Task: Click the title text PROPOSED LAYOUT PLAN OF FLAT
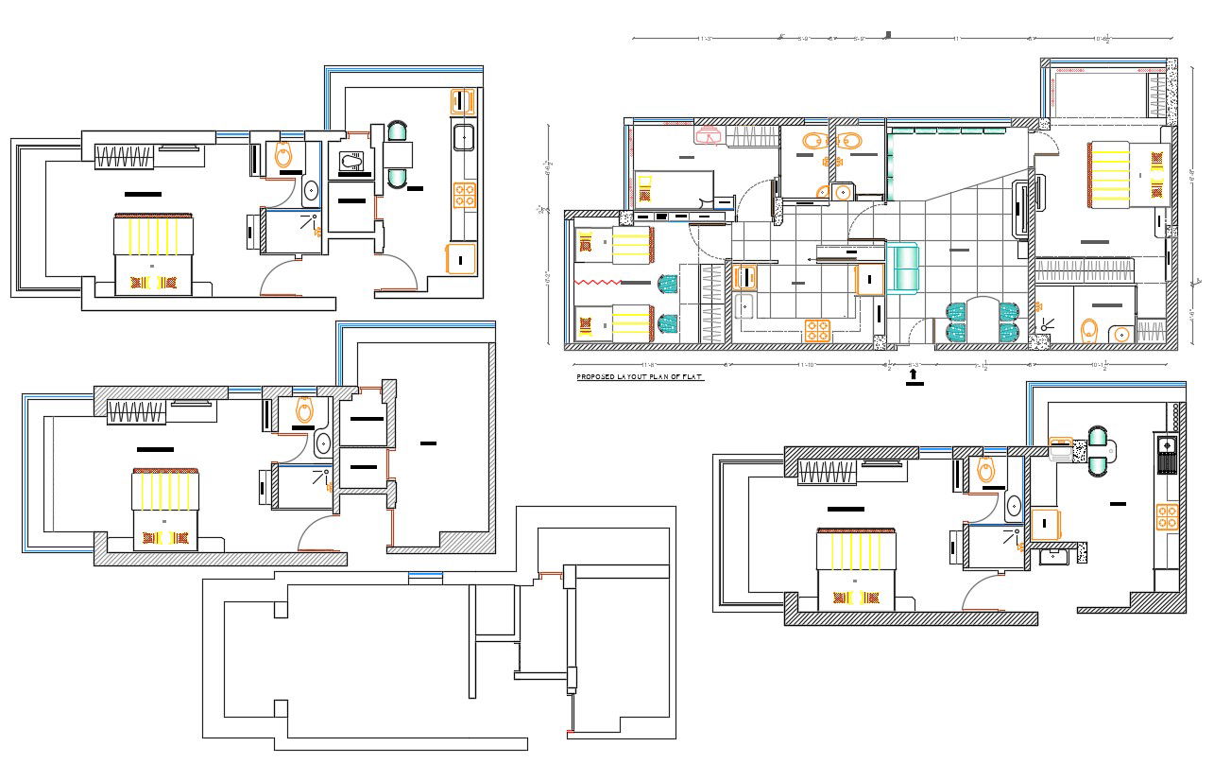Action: [640, 376]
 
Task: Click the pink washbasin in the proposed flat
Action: [709, 136]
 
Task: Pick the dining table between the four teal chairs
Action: [983, 321]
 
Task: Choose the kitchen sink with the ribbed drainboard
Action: [1167, 452]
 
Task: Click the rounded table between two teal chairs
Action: [1099, 451]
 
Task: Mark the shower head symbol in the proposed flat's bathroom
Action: [1046, 325]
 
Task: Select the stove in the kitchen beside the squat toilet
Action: [464, 195]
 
